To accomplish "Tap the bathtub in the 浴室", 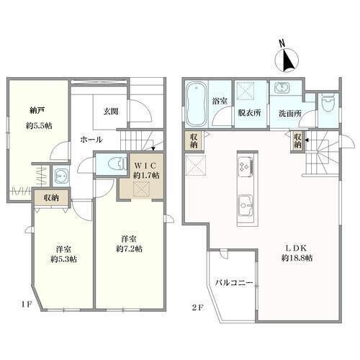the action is point(197,104).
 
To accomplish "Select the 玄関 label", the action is point(111,112).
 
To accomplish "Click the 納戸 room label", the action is point(37,111).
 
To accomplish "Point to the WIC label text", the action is point(145,166).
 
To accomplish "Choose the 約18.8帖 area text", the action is point(297,258).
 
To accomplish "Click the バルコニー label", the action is point(234,283).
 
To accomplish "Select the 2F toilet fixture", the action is point(328,102).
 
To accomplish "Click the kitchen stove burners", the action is point(246,166).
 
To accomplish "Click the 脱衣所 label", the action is point(249,113).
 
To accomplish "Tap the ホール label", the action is point(91,140).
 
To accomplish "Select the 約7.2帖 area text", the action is point(129,248).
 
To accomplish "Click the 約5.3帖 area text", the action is point(63,259).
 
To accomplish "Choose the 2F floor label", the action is point(198,307).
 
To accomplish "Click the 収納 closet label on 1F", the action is point(51,198).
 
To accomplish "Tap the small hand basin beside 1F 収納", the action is point(60,176).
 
